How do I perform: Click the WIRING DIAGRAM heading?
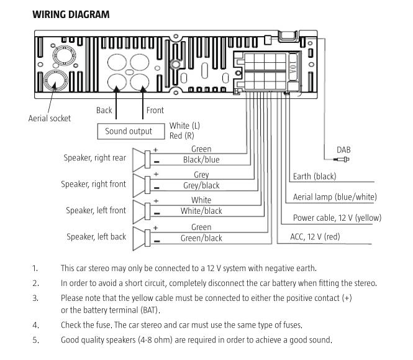click(x=71, y=14)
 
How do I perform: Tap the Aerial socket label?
click(x=50, y=118)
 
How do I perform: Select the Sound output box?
click(x=131, y=131)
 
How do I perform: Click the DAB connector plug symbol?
click(x=342, y=159)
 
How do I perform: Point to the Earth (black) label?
click(x=314, y=176)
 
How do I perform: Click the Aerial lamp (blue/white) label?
click(x=335, y=196)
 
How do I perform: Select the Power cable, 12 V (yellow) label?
click(x=337, y=218)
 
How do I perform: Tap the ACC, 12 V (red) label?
click(x=315, y=236)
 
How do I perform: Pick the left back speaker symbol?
click(x=142, y=238)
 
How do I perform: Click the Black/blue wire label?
click(x=201, y=160)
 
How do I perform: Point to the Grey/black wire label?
click(x=201, y=185)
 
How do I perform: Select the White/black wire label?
click(x=201, y=211)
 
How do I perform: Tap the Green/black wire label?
click(x=201, y=238)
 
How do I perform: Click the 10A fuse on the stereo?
click(x=293, y=67)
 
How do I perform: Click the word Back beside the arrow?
click(x=104, y=110)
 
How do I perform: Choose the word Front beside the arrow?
click(x=155, y=110)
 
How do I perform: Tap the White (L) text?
click(x=184, y=126)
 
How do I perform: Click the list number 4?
click(x=35, y=325)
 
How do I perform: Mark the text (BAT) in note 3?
click(x=150, y=310)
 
